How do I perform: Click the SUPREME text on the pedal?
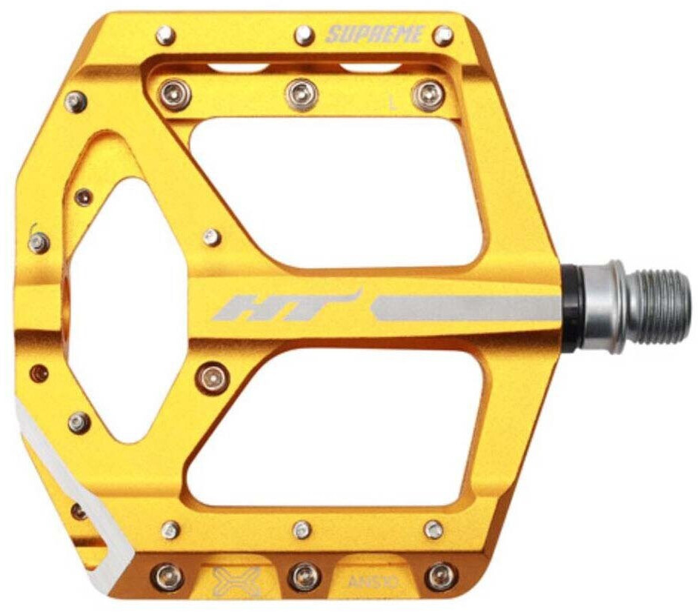pos(374,34)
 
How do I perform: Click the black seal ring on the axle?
pos(573,306)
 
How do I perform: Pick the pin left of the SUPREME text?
pos(304,34)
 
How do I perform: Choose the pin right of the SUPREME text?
pos(443,35)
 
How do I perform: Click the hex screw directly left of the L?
pos(302,94)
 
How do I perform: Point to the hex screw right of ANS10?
pos(440,576)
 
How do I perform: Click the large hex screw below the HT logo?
pos(213,377)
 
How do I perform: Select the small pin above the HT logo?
pos(211,237)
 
